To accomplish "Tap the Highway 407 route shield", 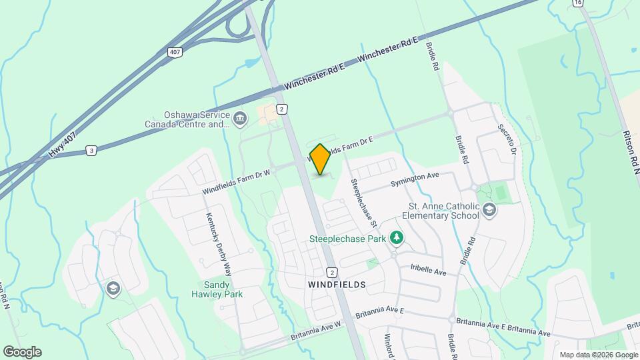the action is tap(175, 51).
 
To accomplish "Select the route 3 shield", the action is tap(91, 151).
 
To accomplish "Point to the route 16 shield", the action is tap(577, 3).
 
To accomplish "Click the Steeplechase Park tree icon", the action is tap(397, 237).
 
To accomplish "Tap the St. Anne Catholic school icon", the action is tap(489, 211).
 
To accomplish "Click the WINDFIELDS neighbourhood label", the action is tap(337, 284).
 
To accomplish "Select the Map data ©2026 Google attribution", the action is tap(599, 355).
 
